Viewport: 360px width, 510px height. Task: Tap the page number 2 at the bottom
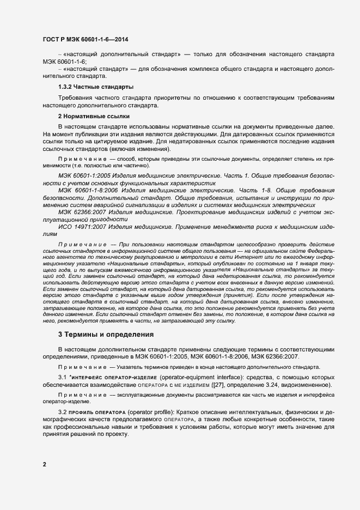pyautogui.click(x=45, y=465)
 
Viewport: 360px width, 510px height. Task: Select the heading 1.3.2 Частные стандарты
pyautogui.click(x=96, y=87)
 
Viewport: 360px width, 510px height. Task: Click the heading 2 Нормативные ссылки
pyautogui.click(x=93, y=116)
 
